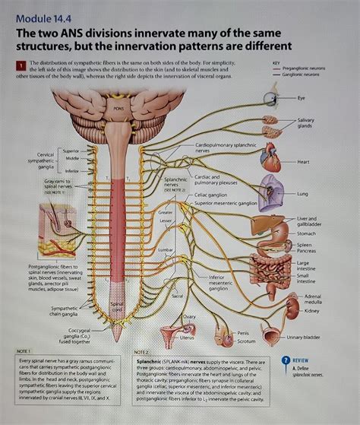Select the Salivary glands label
305,123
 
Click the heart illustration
270,159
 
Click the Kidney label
311,311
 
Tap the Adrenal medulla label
313,299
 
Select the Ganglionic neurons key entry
301,75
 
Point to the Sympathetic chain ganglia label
64,310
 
